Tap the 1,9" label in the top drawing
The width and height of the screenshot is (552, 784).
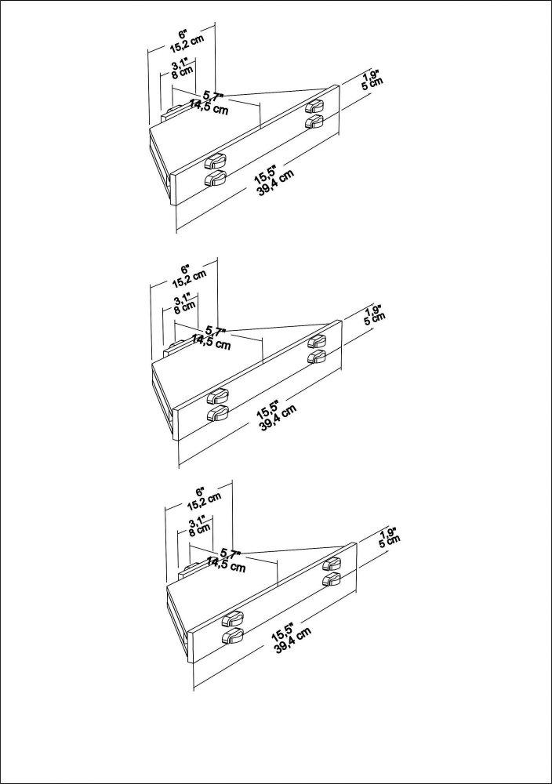pyautogui.click(x=371, y=76)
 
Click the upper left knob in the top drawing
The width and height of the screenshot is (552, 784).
pyautogui.click(x=215, y=162)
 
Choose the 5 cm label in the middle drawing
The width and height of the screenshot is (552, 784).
pyautogui.click(x=376, y=319)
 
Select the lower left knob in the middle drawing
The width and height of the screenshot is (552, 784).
pyautogui.click(x=216, y=413)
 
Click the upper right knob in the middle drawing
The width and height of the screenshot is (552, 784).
pyautogui.click(x=317, y=340)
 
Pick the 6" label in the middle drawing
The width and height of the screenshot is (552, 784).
pyautogui.click(x=185, y=267)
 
